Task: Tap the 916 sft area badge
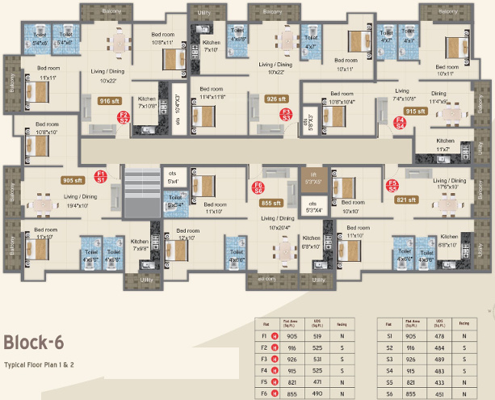[108, 102]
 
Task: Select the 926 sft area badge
[277, 99]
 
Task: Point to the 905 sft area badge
[73, 181]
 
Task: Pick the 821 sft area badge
[406, 199]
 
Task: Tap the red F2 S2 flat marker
[124, 117]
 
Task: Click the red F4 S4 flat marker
[400, 123]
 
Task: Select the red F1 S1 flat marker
[101, 175]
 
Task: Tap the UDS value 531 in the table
[318, 359]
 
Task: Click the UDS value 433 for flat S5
[440, 381]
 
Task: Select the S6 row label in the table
[390, 393]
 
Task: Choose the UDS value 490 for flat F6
[318, 393]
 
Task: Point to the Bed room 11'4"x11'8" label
[212, 92]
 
